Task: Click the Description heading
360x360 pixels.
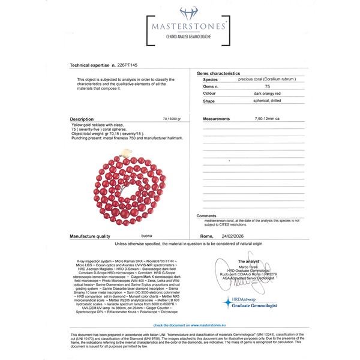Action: [82, 119]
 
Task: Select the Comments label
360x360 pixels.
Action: [206, 215]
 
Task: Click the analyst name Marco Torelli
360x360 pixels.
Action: [250, 267]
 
